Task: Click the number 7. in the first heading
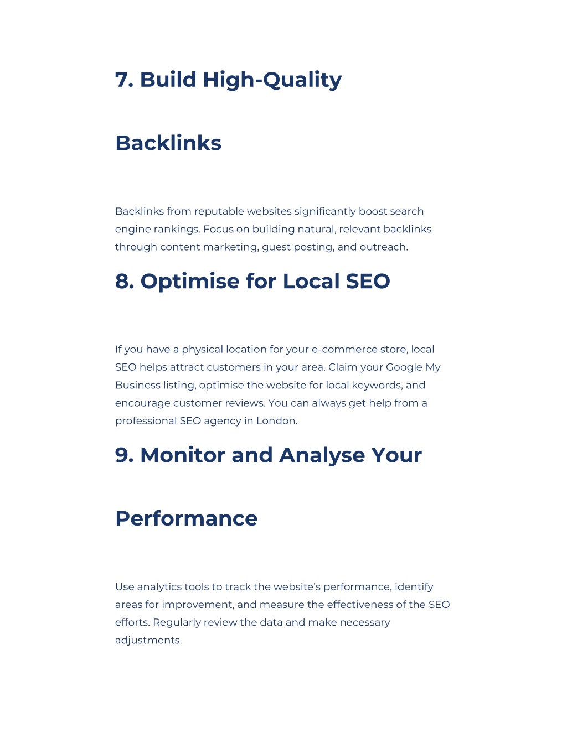[x=124, y=80]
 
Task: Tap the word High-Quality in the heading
[x=272, y=81]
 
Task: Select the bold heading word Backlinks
[x=168, y=143]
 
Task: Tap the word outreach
[x=384, y=247]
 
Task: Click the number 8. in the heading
[x=125, y=281]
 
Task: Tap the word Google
[x=404, y=367]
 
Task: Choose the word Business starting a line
[x=138, y=385]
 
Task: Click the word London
[x=277, y=420]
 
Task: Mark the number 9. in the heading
[x=124, y=455]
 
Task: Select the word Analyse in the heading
[x=322, y=455]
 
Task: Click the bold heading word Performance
[x=186, y=518]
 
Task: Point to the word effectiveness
[x=360, y=604]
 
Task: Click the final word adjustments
[x=148, y=640]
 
